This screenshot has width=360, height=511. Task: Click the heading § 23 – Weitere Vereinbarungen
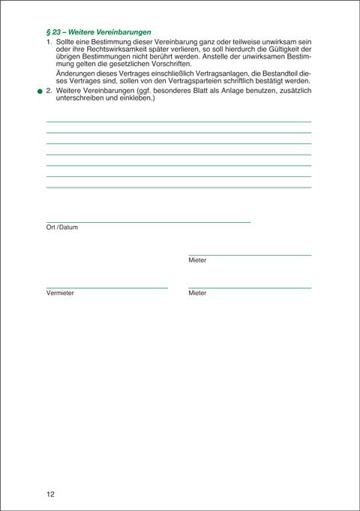coord(99,32)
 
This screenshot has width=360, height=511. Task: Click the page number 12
coord(50,494)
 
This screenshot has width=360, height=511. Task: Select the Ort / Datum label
coord(62,227)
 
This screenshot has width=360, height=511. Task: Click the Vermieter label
coord(60,293)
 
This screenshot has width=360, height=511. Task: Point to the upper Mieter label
coord(197,260)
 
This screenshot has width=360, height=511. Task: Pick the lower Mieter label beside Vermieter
coord(197,293)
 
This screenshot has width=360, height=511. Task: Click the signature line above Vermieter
coord(106,287)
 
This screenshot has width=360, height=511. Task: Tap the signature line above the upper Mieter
coord(250,255)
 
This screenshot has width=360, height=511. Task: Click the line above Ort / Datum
coord(148,222)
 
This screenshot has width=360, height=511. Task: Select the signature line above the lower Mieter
coord(250,287)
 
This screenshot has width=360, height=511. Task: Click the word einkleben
coord(135,98)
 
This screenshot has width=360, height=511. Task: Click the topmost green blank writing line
coord(178,122)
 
